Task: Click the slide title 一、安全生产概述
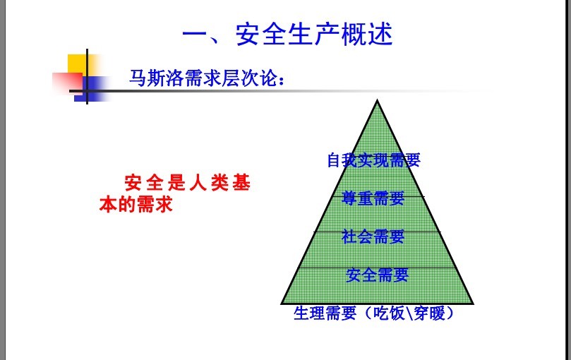[287, 35]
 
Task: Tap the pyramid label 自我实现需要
[373, 160]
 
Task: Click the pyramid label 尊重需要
[373, 198]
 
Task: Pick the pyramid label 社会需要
[373, 236]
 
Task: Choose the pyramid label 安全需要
[378, 275]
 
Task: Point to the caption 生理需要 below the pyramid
[325, 313]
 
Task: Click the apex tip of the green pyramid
[378, 100]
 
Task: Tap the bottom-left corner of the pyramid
[282, 304]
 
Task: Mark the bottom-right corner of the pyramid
[473, 304]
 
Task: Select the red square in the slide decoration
[66, 83]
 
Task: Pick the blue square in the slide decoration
[91, 89]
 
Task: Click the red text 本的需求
[136, 205]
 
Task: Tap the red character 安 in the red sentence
[133, 183]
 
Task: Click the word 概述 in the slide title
[367, 35]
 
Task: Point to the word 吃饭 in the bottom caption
[389, 313]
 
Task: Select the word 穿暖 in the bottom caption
[429, 313]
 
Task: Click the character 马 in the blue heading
[138, 78]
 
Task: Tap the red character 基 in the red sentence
[241, 183]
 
